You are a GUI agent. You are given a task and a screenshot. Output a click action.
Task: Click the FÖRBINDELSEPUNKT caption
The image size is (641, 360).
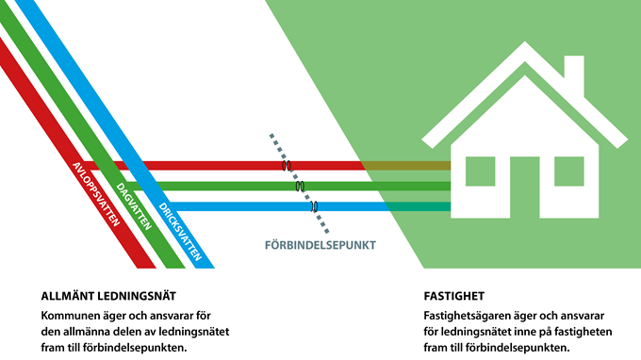tap(320, 246)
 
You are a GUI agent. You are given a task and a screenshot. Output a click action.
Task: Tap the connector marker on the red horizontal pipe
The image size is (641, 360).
tap(285, 166)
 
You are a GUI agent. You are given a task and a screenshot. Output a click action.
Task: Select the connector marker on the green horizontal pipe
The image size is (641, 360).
tap(300, 186)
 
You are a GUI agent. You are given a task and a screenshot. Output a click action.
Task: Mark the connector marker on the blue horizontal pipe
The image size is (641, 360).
tap(315, 205)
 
